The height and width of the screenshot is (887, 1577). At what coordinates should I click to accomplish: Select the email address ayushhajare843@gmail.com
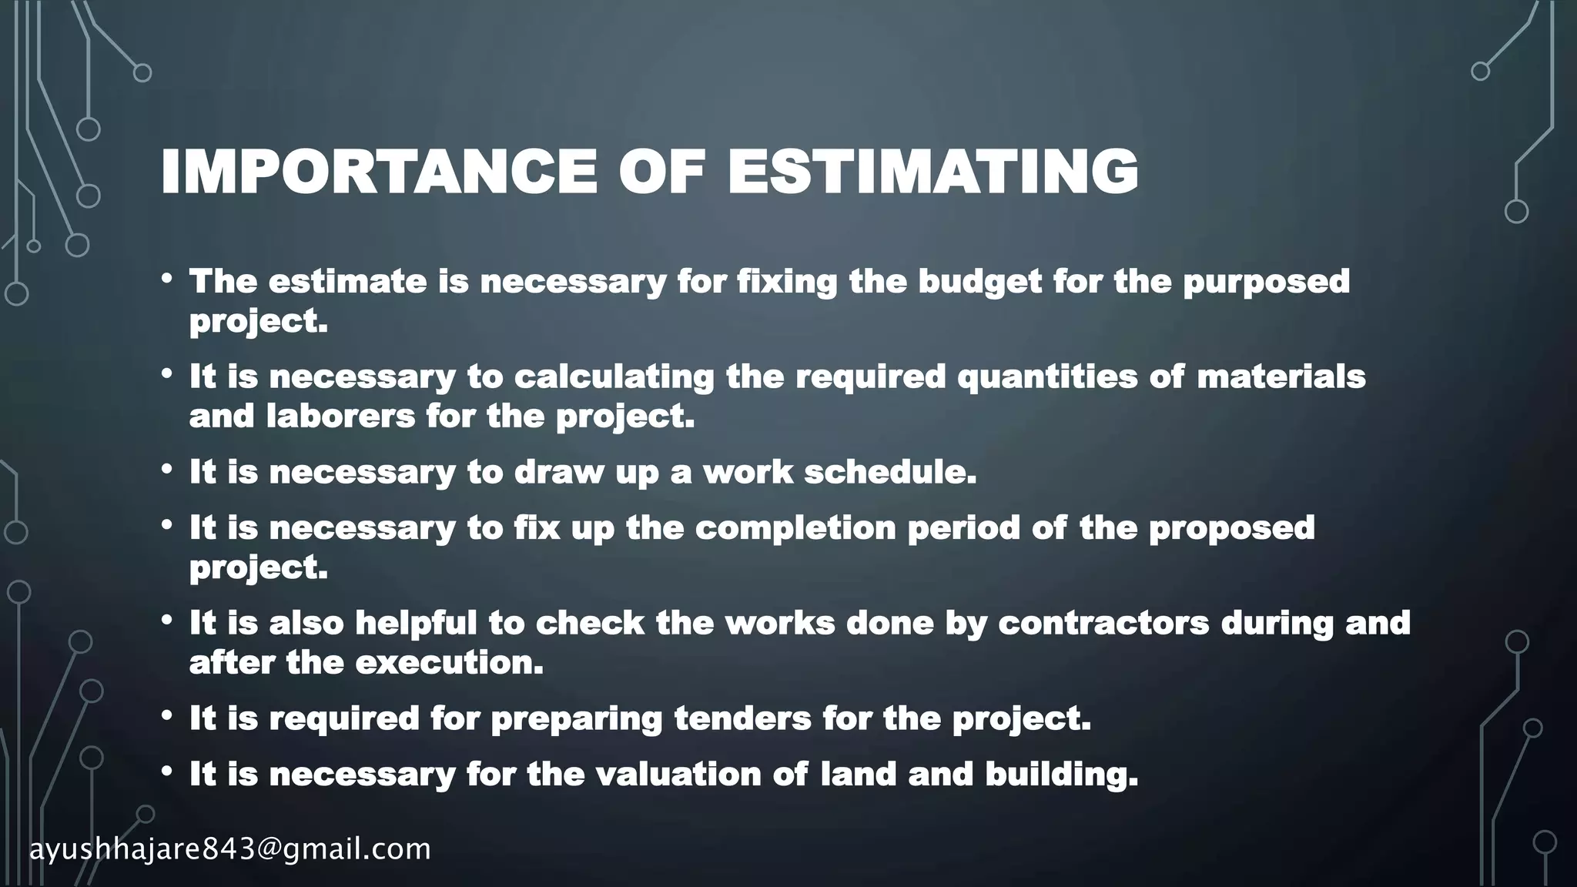point(230,849)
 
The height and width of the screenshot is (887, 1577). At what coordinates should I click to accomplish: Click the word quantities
point(1047,377)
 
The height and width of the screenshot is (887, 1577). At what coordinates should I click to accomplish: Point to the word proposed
point(1232,528)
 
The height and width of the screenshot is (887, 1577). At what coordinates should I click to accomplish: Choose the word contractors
point(1103,623)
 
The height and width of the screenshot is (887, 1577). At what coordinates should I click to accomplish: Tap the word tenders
point(742,718)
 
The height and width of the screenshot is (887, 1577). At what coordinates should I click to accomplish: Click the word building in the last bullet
point(1061,775)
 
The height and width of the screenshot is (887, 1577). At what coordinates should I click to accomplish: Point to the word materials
point(1281,377)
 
